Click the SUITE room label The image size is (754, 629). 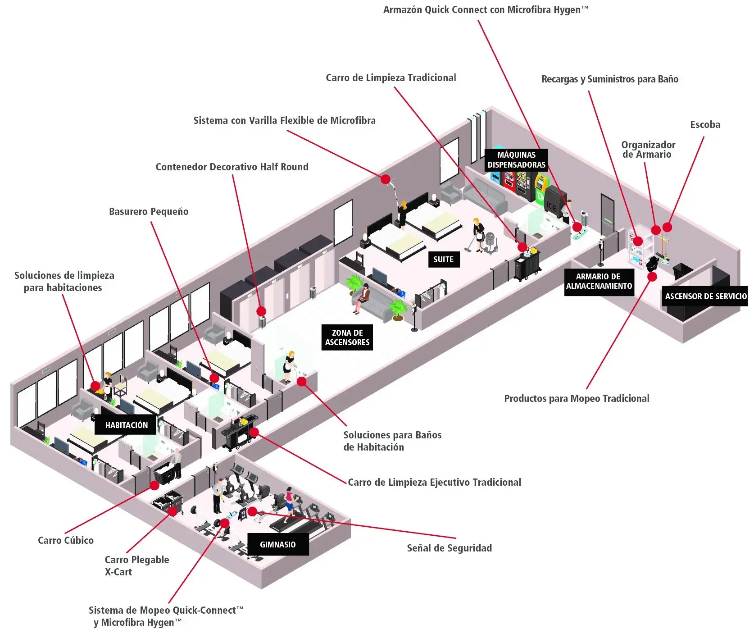coord(443,259)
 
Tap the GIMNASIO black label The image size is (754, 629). coord(277,544)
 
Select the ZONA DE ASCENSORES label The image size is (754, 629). coord(347,337)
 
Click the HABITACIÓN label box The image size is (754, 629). coord(126,425)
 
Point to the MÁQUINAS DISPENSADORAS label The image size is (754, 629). coord(516,160)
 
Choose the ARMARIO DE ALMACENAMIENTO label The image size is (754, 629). coord(599,282)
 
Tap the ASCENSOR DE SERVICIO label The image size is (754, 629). coord(705,296)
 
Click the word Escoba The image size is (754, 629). coord(705,125)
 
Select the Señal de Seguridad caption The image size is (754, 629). coord(449,548)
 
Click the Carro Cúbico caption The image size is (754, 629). coord(66,540)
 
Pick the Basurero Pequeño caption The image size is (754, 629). coord(149,211)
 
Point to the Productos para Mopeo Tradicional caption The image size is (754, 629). coord(576,398)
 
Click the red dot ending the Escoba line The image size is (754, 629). coord(667,228)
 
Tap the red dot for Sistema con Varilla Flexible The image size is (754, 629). coord(385,179)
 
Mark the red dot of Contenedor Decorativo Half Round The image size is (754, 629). coord(261,311)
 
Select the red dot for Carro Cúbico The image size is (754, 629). coord(154,485)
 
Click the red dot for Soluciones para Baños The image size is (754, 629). coord(302,382)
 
